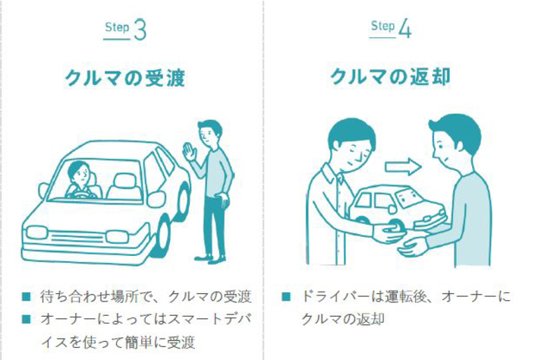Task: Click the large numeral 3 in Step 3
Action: tap(140, 30)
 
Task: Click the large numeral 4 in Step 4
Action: tap(404, 30)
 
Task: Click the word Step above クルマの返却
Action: tap(381, 27)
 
